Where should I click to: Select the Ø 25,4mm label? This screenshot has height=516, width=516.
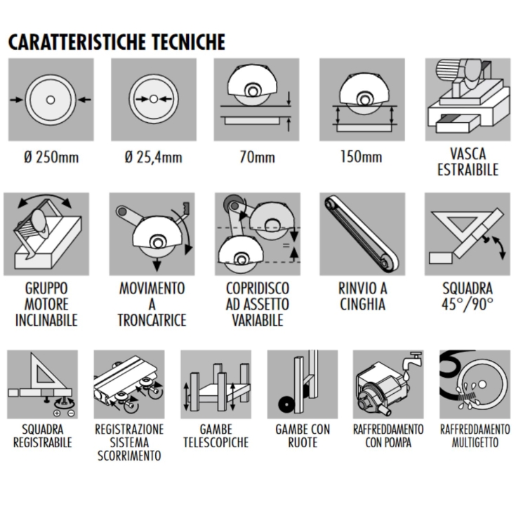[x=153, y=157]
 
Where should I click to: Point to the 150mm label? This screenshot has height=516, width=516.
[x=362, y=157]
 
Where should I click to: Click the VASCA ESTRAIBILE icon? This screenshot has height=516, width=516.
[x=467, y=99]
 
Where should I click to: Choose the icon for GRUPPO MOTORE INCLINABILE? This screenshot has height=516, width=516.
[x=49, y=233]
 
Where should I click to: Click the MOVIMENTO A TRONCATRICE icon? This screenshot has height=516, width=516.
[x=153, y=233]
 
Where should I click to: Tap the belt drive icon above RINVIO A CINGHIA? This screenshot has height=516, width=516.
[x=362, y=233]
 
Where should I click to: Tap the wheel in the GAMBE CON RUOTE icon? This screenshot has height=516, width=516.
[x=285, y=406]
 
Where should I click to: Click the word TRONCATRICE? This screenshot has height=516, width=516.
[x=153, y=320]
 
